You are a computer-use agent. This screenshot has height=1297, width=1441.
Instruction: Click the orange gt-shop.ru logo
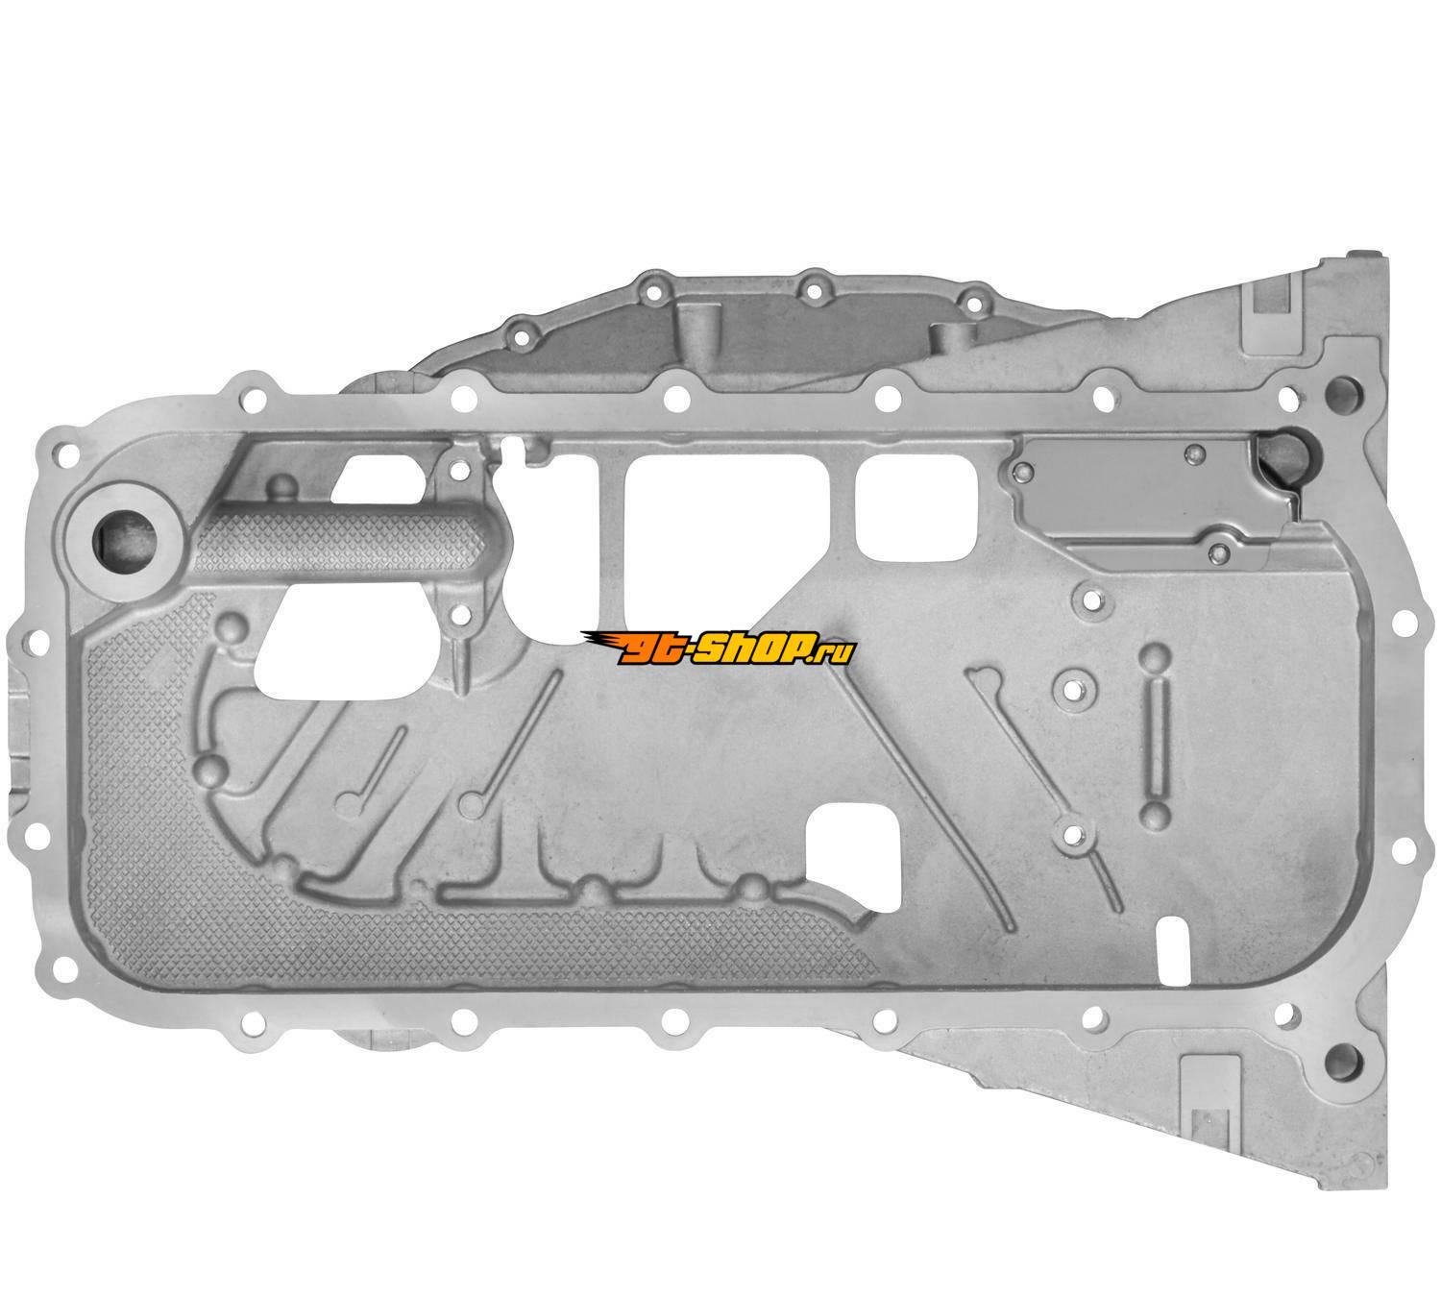717,648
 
